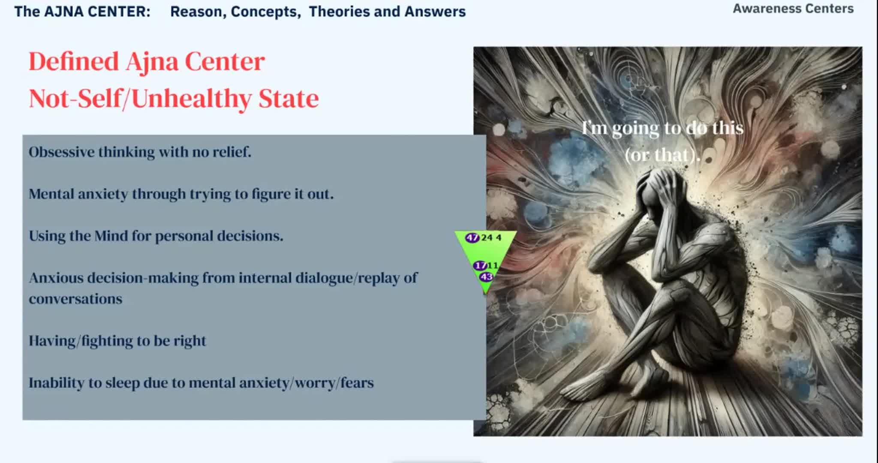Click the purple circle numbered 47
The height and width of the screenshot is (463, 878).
pos(472,238)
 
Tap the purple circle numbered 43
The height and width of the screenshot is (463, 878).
pos(486,277)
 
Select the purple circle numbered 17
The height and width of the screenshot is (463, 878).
pos(480,266)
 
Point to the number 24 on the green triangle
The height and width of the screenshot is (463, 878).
pos(487,238)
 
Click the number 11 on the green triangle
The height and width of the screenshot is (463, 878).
pos(493,266)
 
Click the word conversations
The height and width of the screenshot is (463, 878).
pos(75,299)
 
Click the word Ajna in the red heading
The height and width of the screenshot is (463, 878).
pos(152,62)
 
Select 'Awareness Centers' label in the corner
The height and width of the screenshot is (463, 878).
pos(793,9)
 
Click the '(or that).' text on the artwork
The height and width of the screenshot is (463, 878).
pos(662,155)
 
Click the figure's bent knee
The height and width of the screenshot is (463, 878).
pos(609,240)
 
